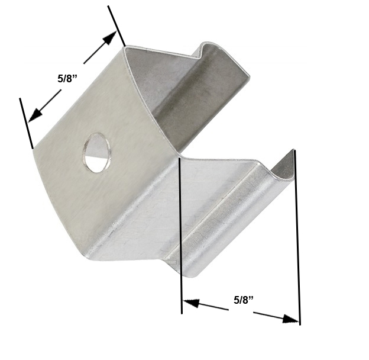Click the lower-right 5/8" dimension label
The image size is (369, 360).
pos(243,300)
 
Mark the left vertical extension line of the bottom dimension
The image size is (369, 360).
pos(180,237)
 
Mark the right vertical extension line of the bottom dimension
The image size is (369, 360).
pos(297,237)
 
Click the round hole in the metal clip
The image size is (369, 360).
pos(96,153)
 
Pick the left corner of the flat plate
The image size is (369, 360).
pos(33,148)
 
